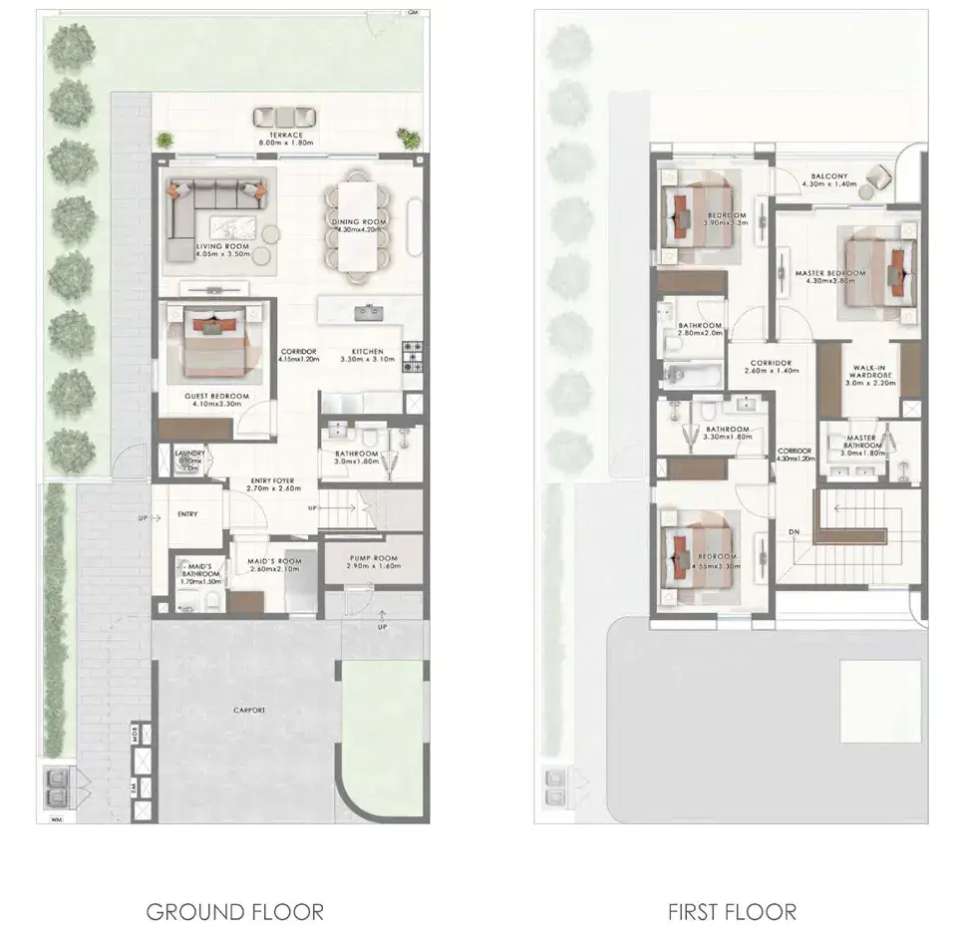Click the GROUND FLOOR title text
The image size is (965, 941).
tap(234, 910)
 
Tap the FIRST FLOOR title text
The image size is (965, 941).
tap(732, 910)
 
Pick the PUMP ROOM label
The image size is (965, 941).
tap(374, 559)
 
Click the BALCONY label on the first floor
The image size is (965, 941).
tap(828, 177)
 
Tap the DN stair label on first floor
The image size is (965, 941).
tap(794, 532)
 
